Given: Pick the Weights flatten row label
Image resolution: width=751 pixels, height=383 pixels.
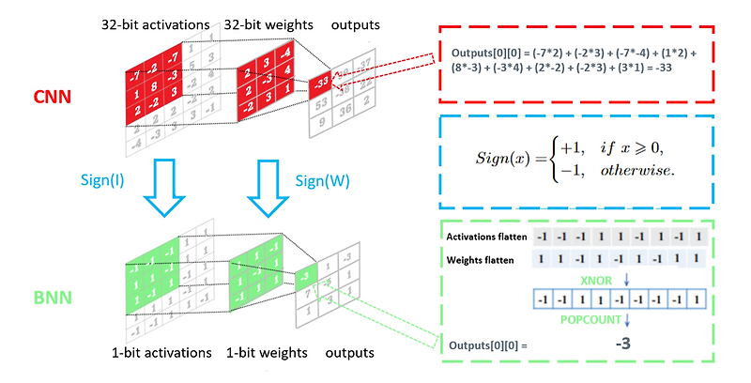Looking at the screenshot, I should tap(481, 258).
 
